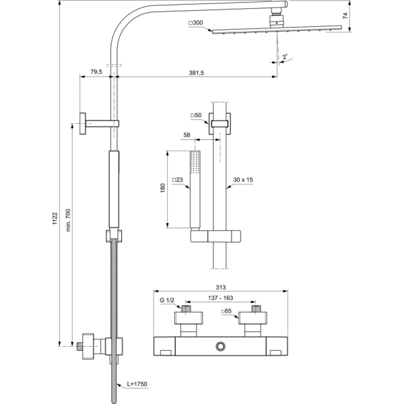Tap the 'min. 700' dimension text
tap(68, 220)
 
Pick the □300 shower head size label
tap(197, 23)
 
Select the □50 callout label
tap(197, 116)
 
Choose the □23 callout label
tap(178, 180)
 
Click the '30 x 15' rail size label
tap(244, 180)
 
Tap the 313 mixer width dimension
tap(220, 284)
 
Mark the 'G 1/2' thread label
tap(166, 300)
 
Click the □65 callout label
tap(228, 311)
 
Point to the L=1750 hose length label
tap(135, 384)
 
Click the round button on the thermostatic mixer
tap(220, 347)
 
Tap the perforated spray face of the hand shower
tap(197, 162)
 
